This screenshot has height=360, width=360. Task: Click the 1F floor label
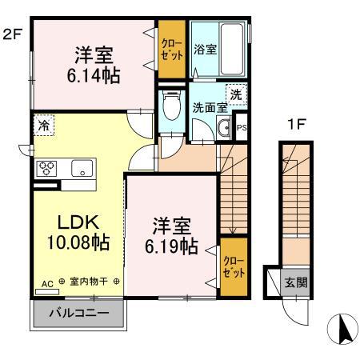(295, 126)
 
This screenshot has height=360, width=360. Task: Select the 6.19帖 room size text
(171, 246)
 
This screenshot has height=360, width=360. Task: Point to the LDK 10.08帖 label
(71, 231)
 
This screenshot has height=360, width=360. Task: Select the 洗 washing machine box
(236, 94)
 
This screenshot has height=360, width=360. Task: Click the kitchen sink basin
(82, 169)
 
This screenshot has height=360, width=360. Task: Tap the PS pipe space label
(242, 127)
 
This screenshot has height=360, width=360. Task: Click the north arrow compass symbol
(342, 328)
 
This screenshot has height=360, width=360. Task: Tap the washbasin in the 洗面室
(223, 127)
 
